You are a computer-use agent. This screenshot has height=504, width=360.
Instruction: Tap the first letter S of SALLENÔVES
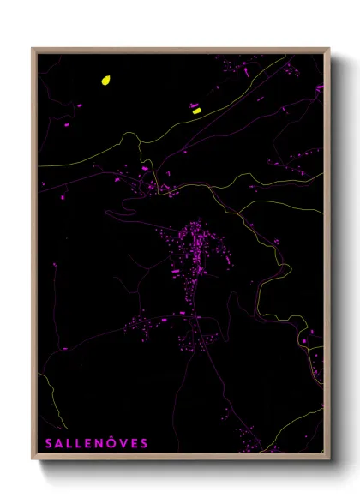(x=48, y=443)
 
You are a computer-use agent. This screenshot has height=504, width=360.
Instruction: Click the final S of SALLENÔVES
(x=145, y=443)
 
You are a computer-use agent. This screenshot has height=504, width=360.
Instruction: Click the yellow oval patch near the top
(x=105, y=81)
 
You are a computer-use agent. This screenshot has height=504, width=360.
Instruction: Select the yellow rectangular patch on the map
(x=196, y=111)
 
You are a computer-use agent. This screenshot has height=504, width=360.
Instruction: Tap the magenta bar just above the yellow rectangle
(x=195, y=105)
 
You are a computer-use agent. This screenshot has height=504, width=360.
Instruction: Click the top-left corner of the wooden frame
(x=33, y=49)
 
